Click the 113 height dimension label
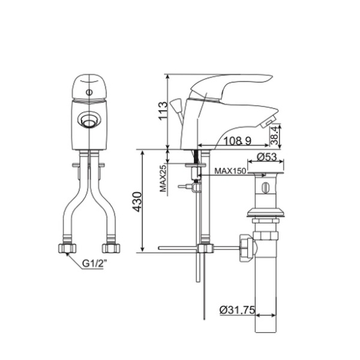pos(163,110)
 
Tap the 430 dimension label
pos(137,202)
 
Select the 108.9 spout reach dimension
pos(237,141)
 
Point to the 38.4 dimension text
pos(274,136)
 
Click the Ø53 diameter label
pos(267,157)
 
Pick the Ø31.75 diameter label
pos(237,310)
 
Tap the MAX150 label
pos(230,171)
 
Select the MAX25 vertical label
pos(163,178)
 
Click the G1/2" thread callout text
pos(95,264)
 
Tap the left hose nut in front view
pos(67,248)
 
